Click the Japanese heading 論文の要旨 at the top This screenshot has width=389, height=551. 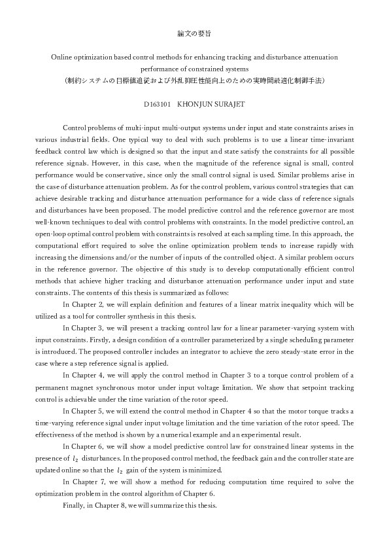pyautogui.click(x=194, y=32)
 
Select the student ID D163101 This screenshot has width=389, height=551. pyautogui.click(x=157, y=103)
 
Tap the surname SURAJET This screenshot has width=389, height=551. pyautogui.click(x=226, y=103)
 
